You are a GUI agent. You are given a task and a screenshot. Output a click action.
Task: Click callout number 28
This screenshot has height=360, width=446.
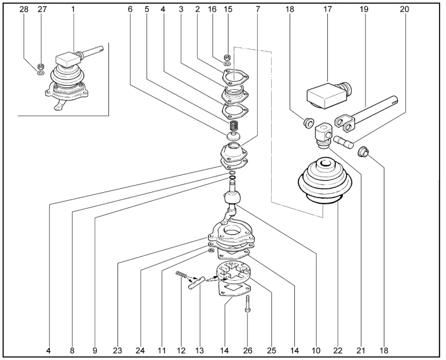24,9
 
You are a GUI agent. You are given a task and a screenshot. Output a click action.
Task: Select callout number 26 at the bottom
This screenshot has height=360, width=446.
247,351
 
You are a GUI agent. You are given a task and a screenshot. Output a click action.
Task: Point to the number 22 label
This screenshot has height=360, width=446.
338,351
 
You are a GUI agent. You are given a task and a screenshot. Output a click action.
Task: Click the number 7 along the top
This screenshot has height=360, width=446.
258,9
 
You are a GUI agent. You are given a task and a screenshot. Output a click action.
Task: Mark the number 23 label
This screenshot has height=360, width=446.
118,351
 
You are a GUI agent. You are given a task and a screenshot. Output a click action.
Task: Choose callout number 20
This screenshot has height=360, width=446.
404,9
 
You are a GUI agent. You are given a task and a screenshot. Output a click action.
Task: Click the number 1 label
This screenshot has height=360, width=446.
73,9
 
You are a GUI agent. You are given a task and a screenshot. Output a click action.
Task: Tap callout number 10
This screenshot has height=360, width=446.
316,351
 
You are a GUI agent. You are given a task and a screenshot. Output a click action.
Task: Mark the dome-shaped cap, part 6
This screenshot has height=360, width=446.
234,137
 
